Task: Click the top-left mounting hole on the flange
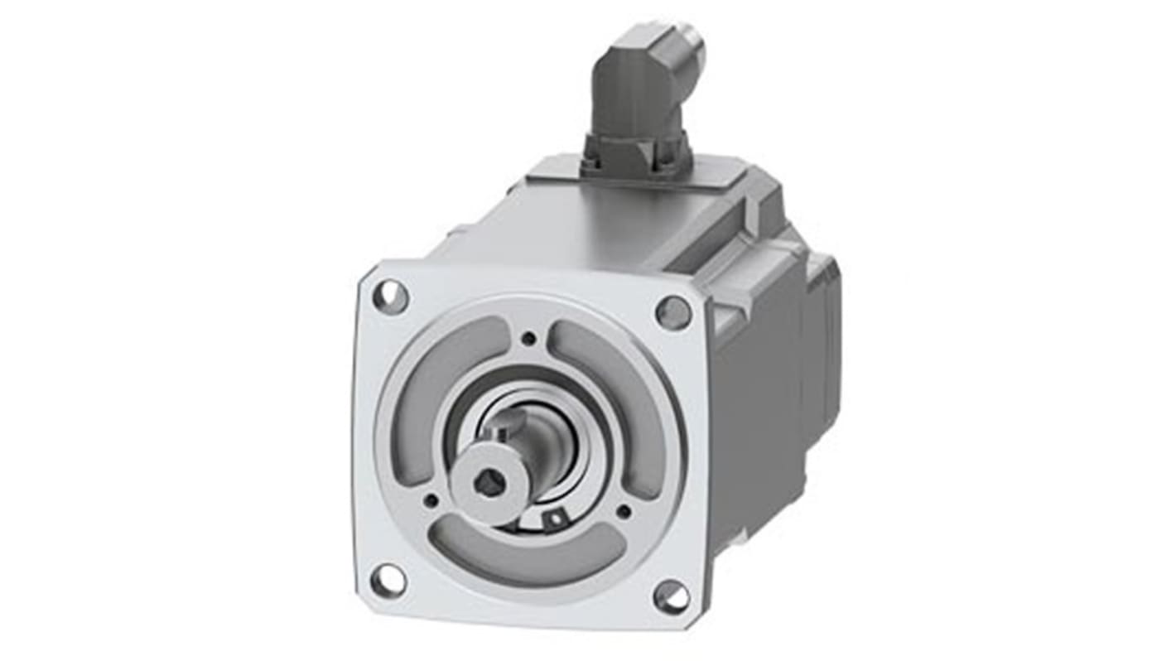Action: click(x=390, y=297)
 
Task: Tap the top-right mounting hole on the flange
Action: click(x=673, y=312)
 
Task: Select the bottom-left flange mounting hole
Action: click(x=388, y=580)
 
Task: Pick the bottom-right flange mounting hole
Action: click(x=671, y=596)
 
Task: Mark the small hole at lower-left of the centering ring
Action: click(x=431, y=500)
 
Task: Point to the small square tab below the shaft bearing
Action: click(x=553, y=519)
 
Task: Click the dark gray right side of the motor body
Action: click(x=754, y=398)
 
